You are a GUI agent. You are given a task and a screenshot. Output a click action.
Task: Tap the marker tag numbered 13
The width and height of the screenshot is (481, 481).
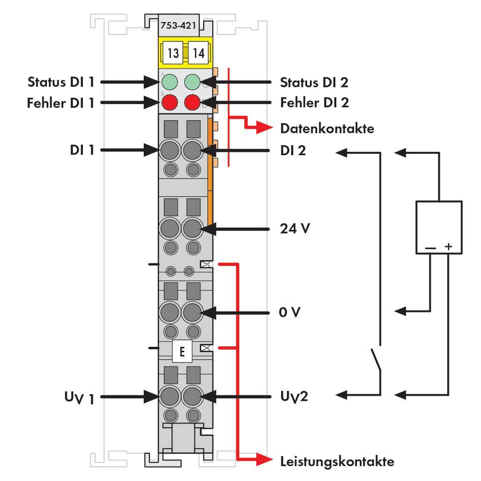(x=173, y=53)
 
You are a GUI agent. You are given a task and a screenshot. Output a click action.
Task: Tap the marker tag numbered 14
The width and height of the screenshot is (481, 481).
(x=198, y=53)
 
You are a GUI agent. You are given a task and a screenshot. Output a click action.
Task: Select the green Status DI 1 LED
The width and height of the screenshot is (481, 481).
(x=170, y=81)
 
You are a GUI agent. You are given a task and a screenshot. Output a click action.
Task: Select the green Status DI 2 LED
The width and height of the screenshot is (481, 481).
(x=193, y=81)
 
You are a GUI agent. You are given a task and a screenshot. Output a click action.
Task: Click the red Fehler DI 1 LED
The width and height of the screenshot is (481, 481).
(x=170, y=103)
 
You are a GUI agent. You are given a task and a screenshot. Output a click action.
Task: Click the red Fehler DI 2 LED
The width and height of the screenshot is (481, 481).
(x=193, y=103)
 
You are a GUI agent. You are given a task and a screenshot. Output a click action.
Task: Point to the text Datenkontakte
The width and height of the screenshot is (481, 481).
(x=327, y=129)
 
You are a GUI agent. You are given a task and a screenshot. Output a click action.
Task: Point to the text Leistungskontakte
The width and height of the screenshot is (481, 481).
(x=337, y=461)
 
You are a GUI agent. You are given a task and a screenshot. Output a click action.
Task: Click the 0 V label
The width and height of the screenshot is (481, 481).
(x=290, y=312)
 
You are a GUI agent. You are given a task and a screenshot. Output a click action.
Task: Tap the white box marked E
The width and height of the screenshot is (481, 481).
(x=182, y=352)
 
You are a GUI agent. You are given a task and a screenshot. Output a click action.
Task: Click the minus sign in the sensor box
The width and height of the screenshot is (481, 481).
(x=431, y=246)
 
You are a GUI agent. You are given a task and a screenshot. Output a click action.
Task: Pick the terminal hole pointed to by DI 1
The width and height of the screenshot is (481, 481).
(x=170, y=150)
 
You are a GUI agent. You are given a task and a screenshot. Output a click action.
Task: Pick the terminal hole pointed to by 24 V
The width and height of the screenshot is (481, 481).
(x=192, y=230)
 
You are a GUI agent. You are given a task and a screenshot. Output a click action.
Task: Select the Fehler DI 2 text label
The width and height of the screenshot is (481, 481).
(x=314, y=103)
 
